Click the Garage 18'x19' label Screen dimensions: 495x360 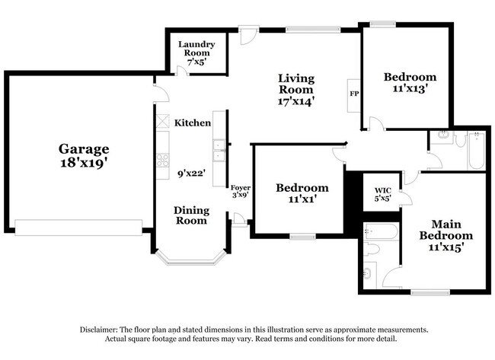pos(84,155)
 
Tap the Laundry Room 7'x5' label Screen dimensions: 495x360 pos(196,53)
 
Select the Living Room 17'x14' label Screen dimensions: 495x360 pos(296,90)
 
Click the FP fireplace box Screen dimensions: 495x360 pos(354,95)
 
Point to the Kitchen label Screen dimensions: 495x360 pos(193,123)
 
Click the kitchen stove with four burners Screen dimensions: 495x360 pos(162,160)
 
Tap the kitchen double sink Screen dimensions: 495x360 pos(219,151)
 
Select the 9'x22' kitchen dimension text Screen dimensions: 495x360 pos(192,174)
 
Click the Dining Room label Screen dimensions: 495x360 pos(191,215)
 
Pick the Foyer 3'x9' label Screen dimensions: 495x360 pos(241,192)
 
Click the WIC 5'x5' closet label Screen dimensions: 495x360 pos(383,194)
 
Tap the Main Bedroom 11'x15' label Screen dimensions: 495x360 pos(446,236)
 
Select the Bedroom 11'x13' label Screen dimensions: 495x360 pos(410,83)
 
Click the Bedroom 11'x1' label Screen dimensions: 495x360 pos(302,193)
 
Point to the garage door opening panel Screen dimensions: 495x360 pos(78,228)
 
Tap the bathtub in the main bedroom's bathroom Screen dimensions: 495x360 pos(381,232)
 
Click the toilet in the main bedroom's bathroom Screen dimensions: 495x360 pos(372,248)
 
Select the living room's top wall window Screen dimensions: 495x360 pos(313,30)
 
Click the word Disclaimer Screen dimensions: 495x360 pos(99,330)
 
